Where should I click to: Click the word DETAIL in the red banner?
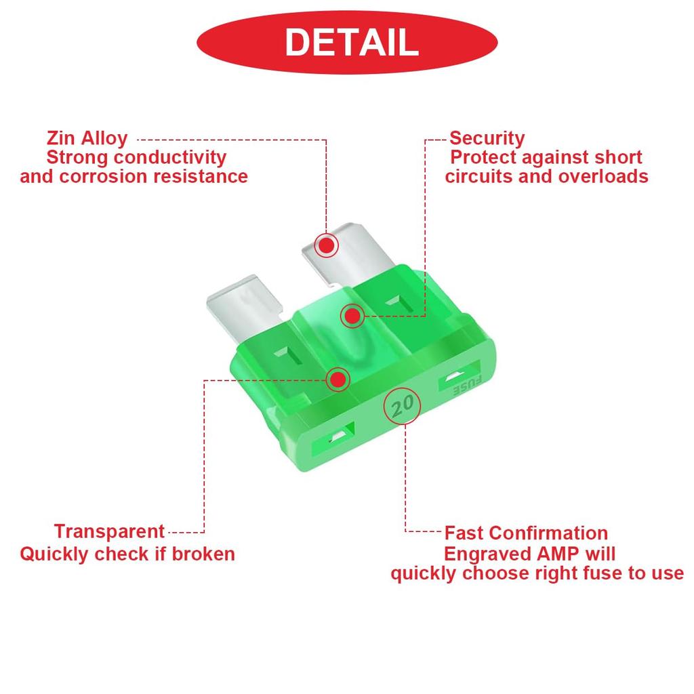pyautogui.click(x=352, y=42)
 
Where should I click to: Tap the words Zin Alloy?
pyautogui.click(x=87, y=138)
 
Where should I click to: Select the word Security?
pyautogui.click(x=487, y=138)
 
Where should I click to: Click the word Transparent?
pyautogui.click(x=109, y=531)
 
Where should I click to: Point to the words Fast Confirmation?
pyautogui.click(x=526, y=533)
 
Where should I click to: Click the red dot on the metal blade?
pyautogui.click(x=327, y=245)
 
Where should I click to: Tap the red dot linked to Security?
pyautogui.click(x=352, y=316)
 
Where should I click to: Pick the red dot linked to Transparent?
pyautogui.click(x=338, y=380)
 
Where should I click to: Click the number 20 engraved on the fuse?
pyautogui.click(x=403, y=405)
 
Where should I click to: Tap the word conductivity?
pyautogui.click(x=170, y=157)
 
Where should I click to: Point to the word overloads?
pyautogui.click(x=603, y=177)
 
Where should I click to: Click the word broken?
pyautogui.click(x=203, y=554)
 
